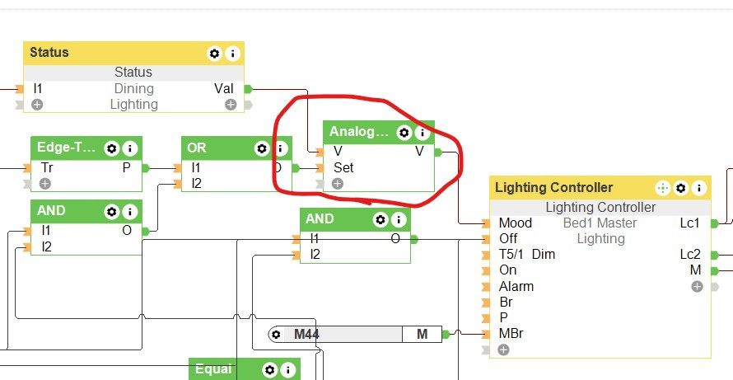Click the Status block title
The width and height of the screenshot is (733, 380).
pos(49,53)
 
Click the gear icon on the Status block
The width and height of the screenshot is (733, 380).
pos(214,54)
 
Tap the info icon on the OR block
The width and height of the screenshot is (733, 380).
pos(280,148)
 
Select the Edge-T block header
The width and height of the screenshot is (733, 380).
pos(66,148)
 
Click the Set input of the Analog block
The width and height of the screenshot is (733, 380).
pos(343,167)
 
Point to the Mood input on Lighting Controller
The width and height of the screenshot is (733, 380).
pos(516,223)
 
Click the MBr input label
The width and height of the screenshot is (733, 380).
pos(511,334)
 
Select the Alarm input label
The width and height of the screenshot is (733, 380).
pos(516,286)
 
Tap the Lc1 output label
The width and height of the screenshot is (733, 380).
pos(690,223)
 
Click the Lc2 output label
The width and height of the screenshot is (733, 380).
pos(690,254)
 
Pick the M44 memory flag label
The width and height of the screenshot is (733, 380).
pos(306,334)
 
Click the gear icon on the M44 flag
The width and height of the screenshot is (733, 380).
pos(276,334)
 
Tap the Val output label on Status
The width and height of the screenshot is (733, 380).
pos(223,88)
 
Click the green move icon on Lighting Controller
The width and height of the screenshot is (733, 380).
pos(662,188)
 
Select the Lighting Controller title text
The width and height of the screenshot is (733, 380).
pos(553,188)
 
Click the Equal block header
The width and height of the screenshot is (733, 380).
pos(213,369)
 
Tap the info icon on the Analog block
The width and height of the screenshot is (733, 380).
pos(423,132)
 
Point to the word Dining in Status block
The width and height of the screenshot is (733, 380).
pos(134,88)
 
